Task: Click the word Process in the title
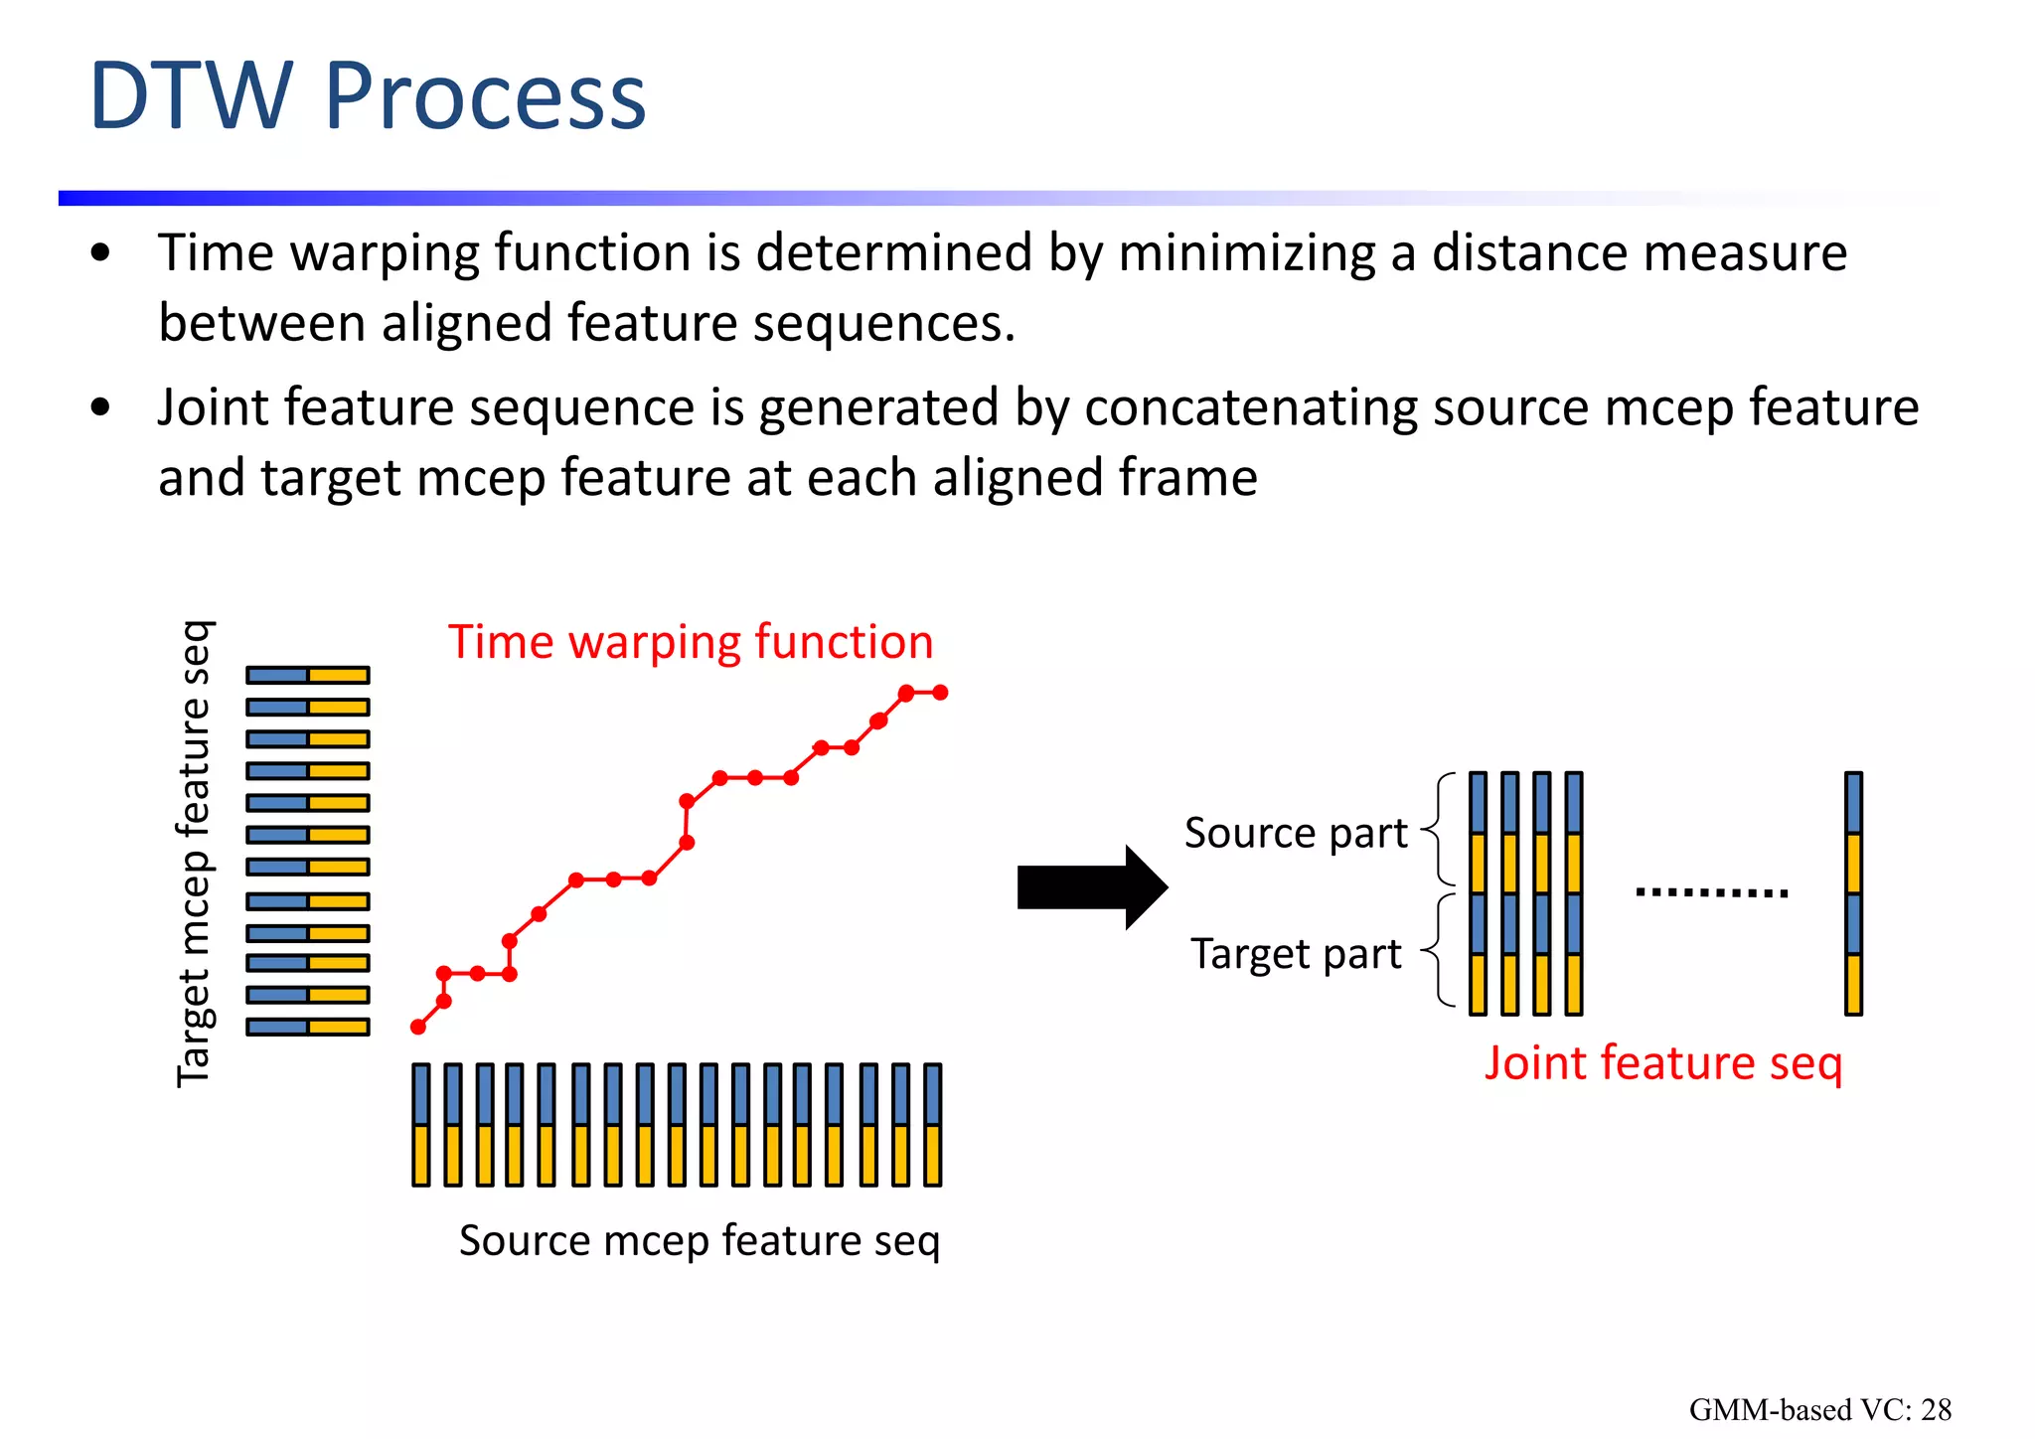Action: pos(485,96)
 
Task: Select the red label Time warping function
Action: pos(691,642)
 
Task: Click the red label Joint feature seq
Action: pos(1662,1063)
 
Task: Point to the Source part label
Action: pos(1295,833)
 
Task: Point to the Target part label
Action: pos(1295,954)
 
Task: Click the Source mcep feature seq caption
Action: pos(699,1240)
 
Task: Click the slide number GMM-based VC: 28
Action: pos(1819,1409)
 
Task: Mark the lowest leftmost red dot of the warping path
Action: pos(418,1027)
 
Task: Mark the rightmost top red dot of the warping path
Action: pos(940,692)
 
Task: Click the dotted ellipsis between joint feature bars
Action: pos(1711,892)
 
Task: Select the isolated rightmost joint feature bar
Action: pos(1853,892)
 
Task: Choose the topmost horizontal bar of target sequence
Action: pos(308,676)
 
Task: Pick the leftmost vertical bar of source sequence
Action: pos(421,1124)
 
